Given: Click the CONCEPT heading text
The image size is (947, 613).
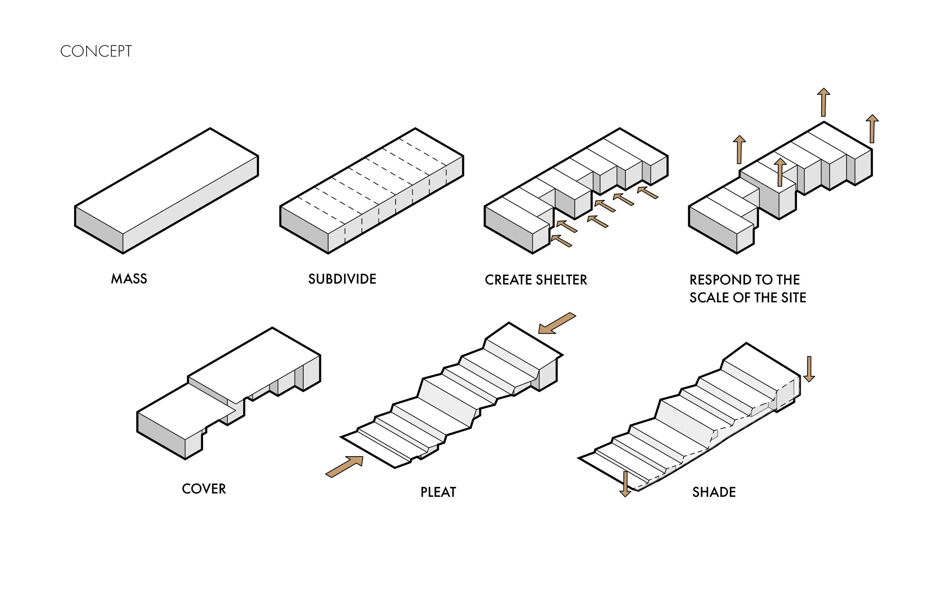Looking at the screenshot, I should [x=96, y=51].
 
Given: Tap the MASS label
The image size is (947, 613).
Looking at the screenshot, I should [x=129, y=279].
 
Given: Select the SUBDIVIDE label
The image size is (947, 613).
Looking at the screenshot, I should [x=342, y=279].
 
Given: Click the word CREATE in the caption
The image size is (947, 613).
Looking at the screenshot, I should [x=508, y=280].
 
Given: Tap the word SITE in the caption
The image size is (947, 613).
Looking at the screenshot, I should [x=793, y=298].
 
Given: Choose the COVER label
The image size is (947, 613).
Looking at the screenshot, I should [x=204, y=489].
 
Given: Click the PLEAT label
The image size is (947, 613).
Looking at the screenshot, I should [x=438, y=492].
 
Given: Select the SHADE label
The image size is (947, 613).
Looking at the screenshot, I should [x=714, y=492].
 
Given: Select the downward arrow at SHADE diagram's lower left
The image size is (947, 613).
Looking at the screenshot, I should [x=625, y=484].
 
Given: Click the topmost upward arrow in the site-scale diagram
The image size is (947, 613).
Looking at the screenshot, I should [x=823, y=102].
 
